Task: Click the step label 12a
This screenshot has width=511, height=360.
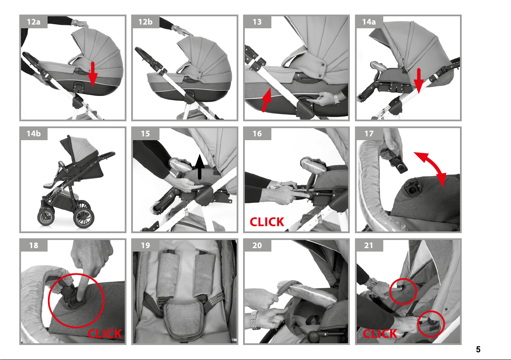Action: coord(33,22)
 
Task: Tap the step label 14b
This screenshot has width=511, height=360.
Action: coord(33,134)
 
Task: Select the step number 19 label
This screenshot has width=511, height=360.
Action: coord(145,245)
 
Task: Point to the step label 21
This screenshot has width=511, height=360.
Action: coord(369,245)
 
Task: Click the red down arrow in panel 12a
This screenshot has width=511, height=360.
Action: coord(93,74)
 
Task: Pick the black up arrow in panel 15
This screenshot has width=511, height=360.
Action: coord(199,167)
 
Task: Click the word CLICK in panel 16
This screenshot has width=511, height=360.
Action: coord(267,222)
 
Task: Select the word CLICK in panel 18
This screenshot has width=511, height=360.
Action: coord(105,333)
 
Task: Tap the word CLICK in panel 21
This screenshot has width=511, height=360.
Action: coord(380,333)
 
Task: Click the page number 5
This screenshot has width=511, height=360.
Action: coord(478,350)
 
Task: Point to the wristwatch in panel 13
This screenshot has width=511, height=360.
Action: coord(336,99)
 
